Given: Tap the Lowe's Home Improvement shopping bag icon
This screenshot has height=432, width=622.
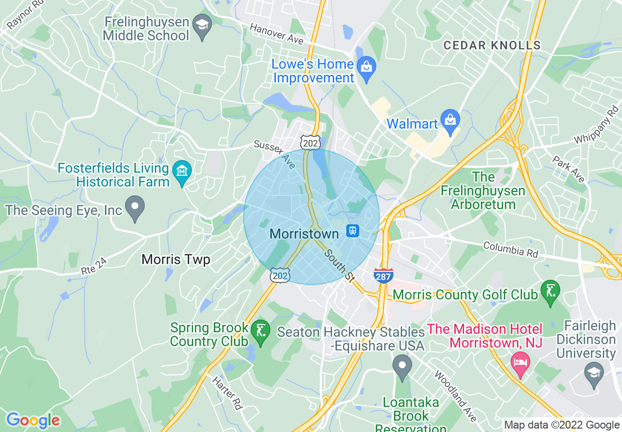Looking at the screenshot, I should click(366, 65).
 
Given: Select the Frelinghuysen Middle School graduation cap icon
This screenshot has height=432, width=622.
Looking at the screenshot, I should click(201, 23).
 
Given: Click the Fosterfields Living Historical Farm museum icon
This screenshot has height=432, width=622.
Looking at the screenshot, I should click(182, 170).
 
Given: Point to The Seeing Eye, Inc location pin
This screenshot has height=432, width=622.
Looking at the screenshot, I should click(135, 208).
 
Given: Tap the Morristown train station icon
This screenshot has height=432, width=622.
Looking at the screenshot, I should click(353, 230).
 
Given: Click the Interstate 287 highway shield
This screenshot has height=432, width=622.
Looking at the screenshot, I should click(383, 275).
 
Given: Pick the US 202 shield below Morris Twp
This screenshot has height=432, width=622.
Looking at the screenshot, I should click(280, 275).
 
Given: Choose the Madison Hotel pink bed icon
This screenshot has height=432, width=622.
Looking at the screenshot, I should click(520, 363).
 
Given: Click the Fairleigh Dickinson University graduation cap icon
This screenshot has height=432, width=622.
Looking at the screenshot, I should click(594, 371).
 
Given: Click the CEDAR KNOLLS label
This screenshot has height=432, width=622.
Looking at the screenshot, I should click(492, 46).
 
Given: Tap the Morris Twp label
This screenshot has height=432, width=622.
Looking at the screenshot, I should click(176, 259).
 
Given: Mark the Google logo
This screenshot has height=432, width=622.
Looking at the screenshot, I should click(33, 420).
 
